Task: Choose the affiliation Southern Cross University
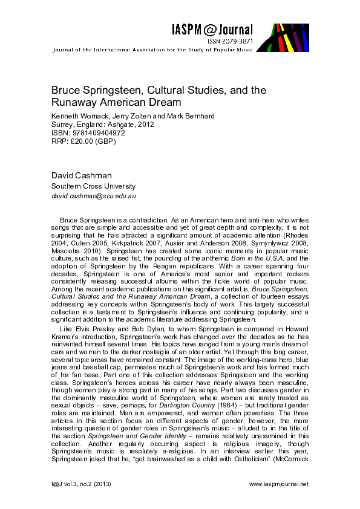tap(93, 186)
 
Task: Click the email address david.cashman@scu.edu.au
tap(94, 196)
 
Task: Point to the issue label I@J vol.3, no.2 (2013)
tap(80, 484)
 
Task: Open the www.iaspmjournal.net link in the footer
tap(278, 484)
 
